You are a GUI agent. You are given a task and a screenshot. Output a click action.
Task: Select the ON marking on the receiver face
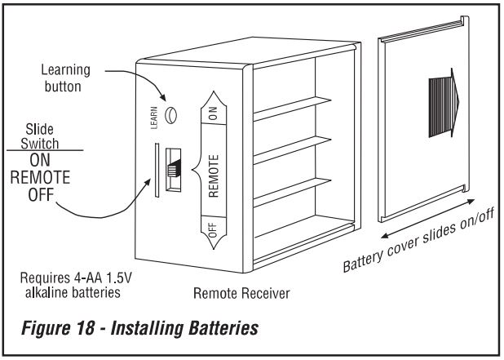[212, 117]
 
